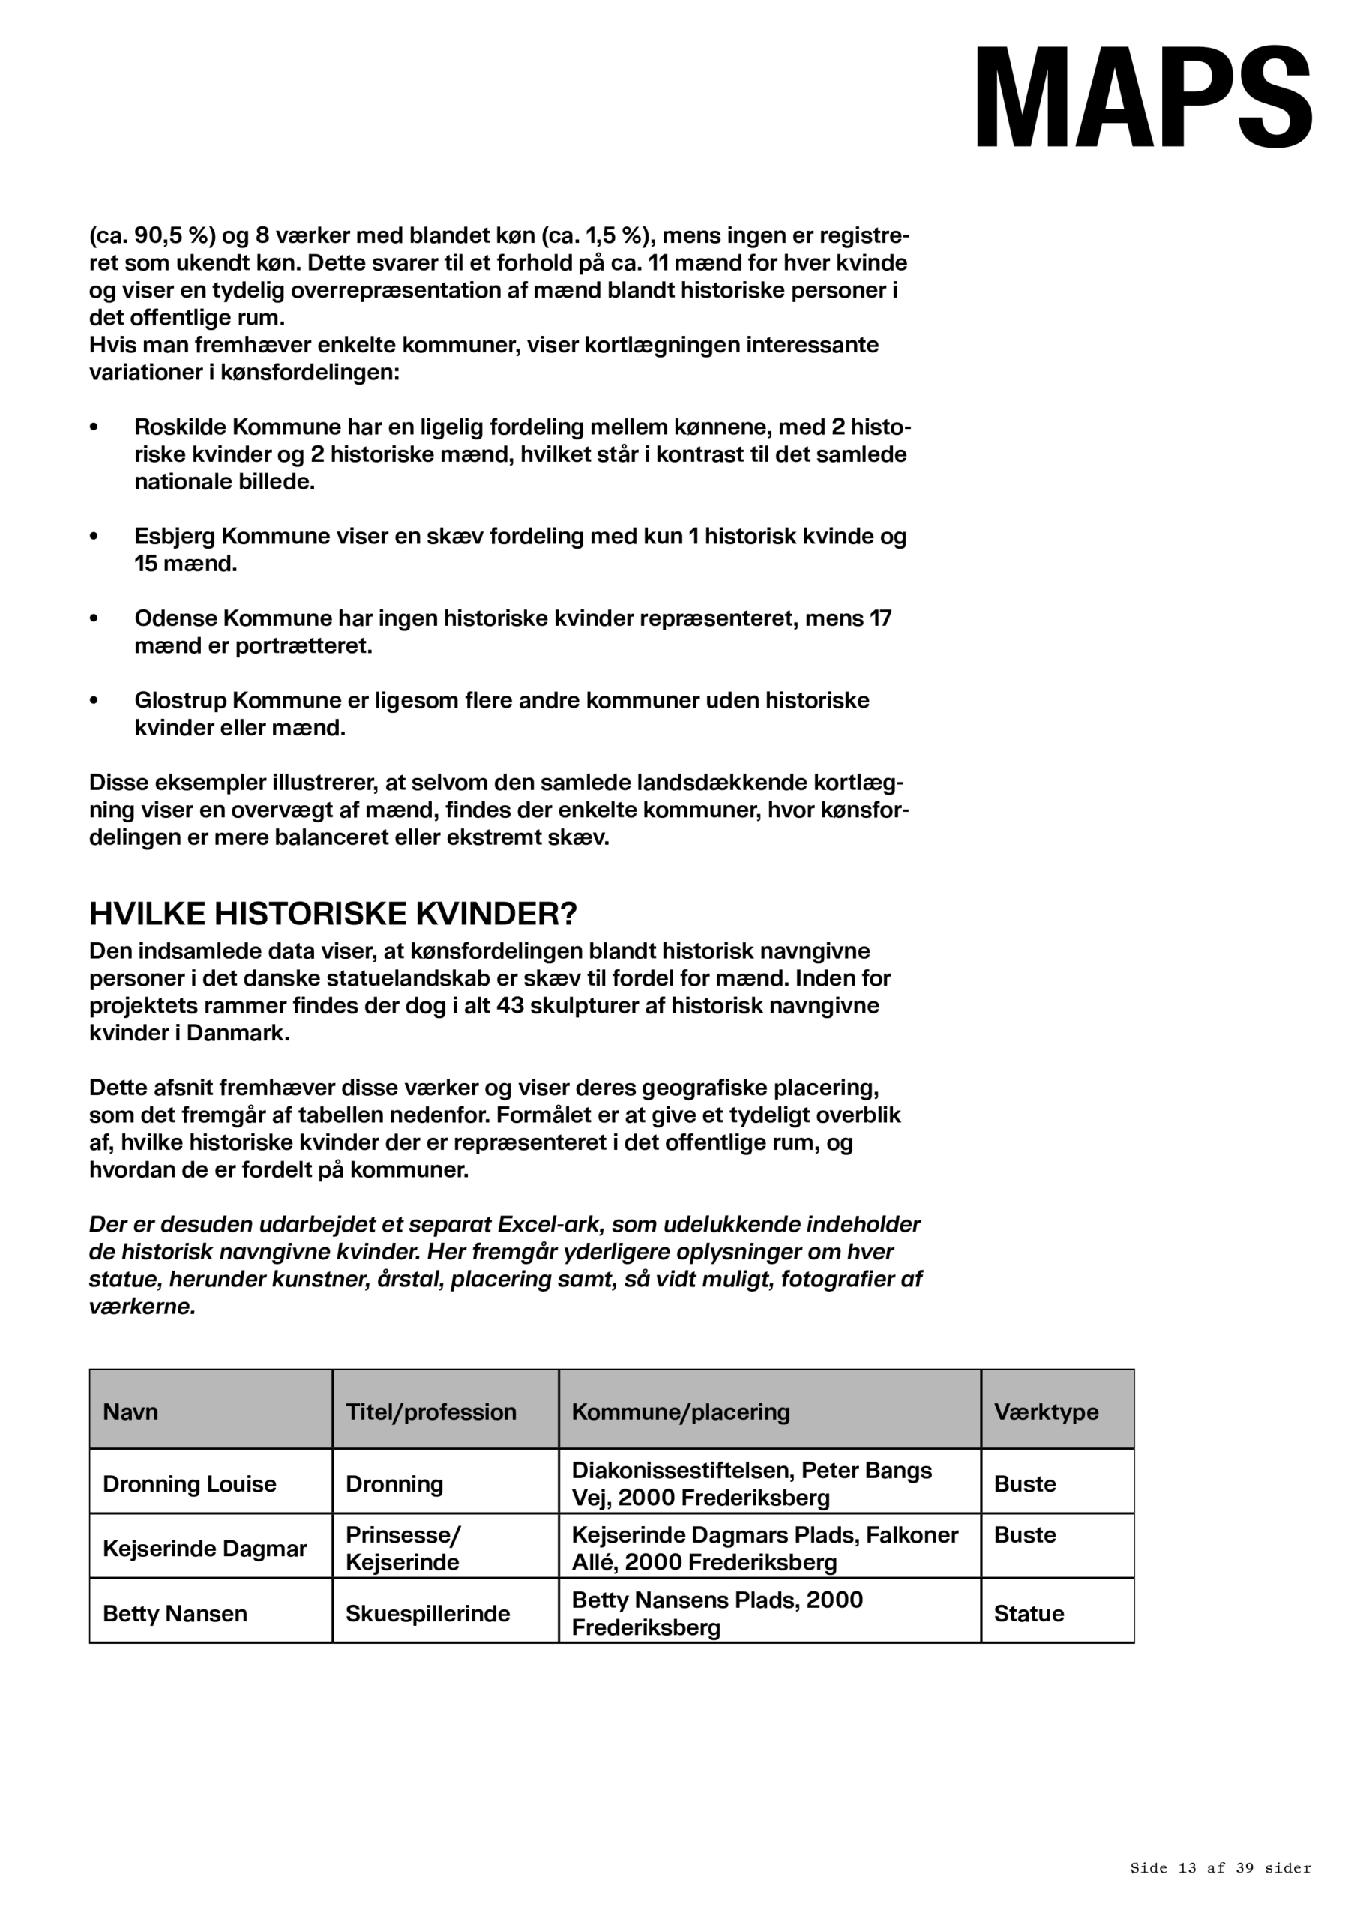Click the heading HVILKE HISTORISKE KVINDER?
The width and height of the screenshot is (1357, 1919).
(333, 914)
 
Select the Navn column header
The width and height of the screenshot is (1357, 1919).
(130, 1412)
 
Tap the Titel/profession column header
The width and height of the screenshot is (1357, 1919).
(430, 1412)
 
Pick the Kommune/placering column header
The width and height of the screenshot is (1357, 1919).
(681, 1412)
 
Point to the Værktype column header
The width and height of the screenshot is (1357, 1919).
(1046, 1412)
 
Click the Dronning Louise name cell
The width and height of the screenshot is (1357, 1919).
(189, 1483)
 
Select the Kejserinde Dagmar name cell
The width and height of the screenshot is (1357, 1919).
(205, 1549)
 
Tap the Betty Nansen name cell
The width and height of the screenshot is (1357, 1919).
(175, 1613)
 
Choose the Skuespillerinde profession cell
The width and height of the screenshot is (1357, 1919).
(427, 1613)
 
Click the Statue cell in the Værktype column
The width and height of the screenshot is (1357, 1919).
(1029, 1613)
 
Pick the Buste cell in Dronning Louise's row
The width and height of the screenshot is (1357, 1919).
(1025, 1483)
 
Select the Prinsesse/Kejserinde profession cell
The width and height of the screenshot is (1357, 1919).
(403, 1549)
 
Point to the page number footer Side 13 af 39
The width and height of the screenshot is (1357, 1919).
(1220, 1867)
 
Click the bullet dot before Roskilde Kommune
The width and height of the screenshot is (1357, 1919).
(94, 427)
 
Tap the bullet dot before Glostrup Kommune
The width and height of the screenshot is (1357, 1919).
(94, 700)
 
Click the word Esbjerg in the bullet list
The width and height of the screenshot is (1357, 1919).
(175, 537)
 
